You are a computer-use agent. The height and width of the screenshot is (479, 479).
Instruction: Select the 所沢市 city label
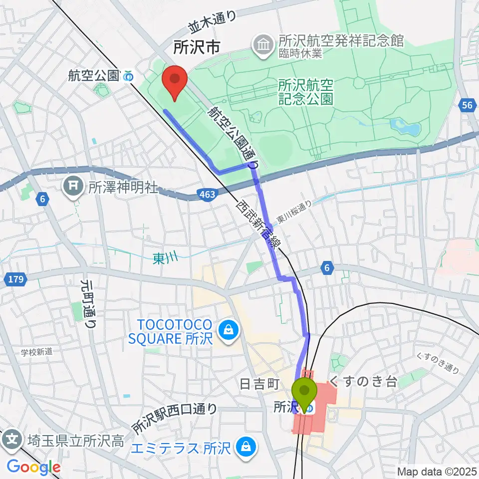pyautogui.click(x=196, y=48)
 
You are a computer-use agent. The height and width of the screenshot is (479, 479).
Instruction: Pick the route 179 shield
pyautogui.click(x=16, y=279)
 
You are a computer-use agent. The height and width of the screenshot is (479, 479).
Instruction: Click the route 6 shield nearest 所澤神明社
pyautogui.click(x=43, y=200)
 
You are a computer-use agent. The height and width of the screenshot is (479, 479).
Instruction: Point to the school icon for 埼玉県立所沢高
pyautogui.click(x=12, y=440)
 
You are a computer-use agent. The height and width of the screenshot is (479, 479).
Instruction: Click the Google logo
pyautogui.click(x=33, y=467)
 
